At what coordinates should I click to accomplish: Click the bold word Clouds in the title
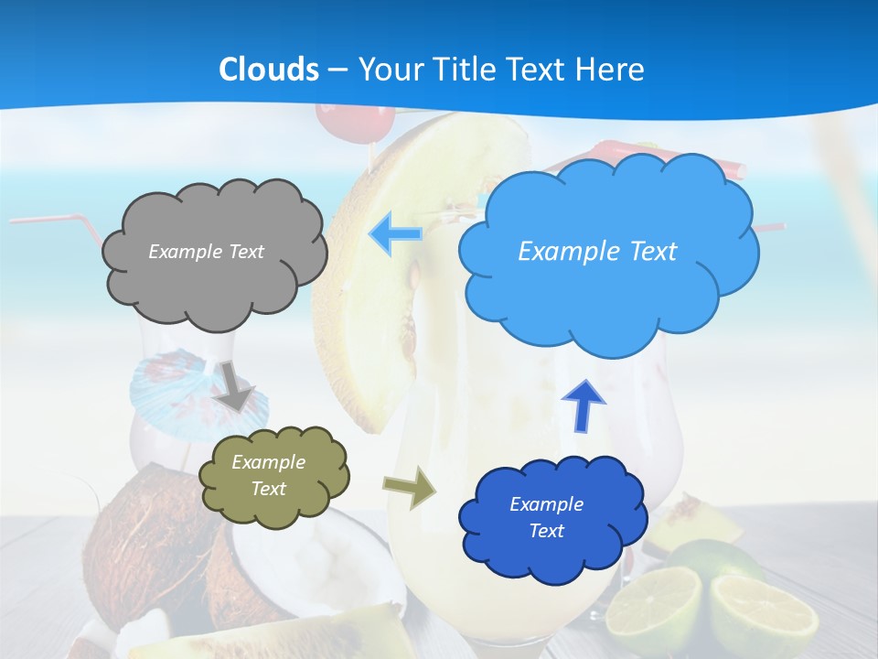coord(269,70)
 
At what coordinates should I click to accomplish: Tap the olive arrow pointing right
coord(411,487)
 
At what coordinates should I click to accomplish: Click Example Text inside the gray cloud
coord(206,252)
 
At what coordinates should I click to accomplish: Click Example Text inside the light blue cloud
coord(597,252)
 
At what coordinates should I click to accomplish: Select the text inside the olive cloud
coord(268,476)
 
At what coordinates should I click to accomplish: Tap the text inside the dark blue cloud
coord(546,517)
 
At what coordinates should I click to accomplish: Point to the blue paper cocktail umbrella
coord(174,384)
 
